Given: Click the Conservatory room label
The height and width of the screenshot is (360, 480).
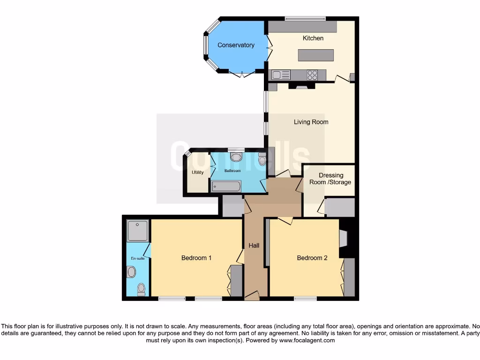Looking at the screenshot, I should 236,45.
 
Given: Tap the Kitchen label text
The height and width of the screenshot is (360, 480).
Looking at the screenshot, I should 313,38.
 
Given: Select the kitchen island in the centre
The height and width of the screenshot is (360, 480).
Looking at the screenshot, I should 316,55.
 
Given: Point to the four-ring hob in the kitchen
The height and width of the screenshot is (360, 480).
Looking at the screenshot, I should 312,75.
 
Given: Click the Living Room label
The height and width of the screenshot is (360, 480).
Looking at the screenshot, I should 311,122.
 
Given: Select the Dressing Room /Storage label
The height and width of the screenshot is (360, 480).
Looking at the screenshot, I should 335,179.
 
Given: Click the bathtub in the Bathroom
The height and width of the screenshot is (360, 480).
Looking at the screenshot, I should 225,187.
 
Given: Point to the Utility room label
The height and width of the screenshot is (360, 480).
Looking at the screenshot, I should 197,172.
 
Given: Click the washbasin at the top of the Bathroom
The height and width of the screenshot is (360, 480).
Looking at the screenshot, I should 237,157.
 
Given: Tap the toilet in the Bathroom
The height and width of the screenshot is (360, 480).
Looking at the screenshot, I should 262,160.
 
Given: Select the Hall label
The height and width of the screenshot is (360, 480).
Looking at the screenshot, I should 254,245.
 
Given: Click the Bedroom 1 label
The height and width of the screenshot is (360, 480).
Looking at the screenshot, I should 196,258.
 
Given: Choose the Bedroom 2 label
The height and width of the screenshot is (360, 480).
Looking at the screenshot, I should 312,258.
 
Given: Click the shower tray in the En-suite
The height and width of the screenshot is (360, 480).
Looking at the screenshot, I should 137,230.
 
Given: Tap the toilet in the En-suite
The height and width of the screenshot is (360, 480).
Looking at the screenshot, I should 141,289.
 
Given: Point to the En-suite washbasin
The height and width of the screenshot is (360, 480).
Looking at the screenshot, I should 131,272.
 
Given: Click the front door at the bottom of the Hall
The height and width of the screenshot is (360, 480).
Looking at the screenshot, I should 252,296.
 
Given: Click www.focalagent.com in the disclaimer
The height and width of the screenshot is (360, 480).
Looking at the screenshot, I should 307,340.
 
